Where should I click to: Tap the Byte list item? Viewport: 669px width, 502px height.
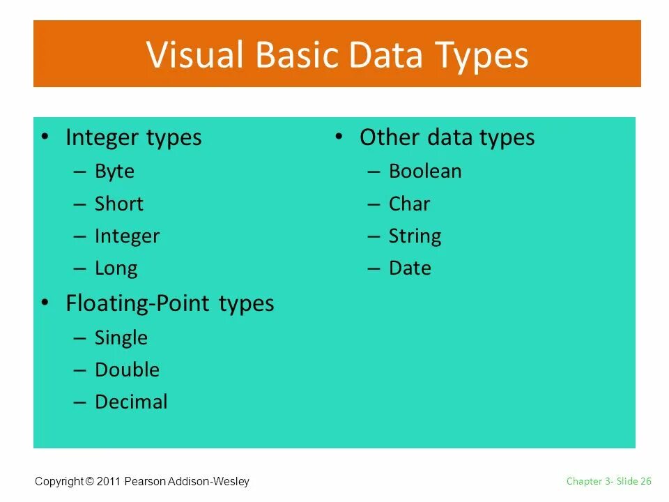[114, 172]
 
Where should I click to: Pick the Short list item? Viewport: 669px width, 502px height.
[118, 204]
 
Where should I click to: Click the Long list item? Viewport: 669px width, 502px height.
[116, 268]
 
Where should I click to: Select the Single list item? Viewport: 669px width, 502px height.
[121, 338]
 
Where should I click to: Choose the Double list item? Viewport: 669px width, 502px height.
[127, 370]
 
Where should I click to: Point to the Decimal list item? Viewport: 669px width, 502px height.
[131, 402]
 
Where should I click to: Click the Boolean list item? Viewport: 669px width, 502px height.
[425, 172]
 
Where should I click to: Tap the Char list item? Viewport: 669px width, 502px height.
[409, 204]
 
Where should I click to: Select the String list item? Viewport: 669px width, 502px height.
[415, 236]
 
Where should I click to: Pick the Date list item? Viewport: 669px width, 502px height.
[410, 268]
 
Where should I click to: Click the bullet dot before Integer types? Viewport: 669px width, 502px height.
[45, 136]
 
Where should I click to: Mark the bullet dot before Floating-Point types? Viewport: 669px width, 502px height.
[45, 302]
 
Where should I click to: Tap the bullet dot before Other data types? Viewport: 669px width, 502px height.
[339, 136]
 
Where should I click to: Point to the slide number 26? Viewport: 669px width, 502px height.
[645, 481]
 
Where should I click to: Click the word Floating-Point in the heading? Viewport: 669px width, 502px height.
[139, 304]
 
